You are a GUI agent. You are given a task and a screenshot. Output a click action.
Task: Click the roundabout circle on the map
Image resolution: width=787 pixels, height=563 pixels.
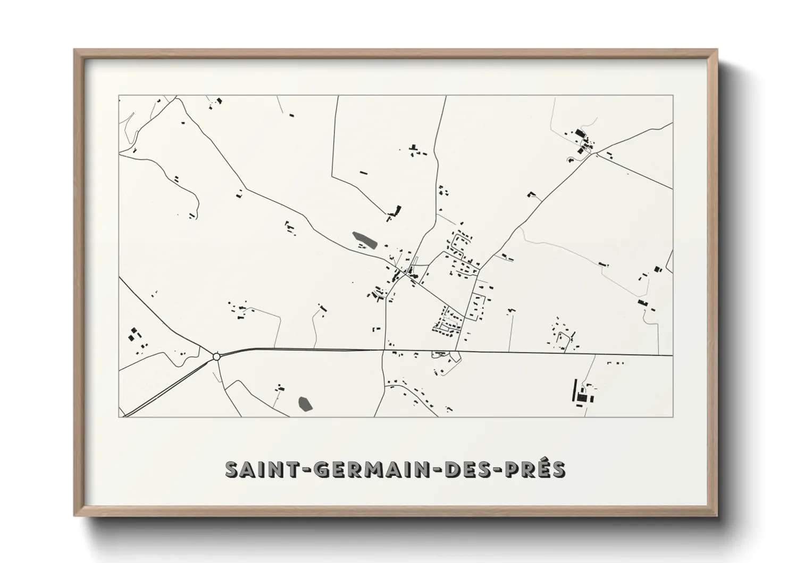(216, 357)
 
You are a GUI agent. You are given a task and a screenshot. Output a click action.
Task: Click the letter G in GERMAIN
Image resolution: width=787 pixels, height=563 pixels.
(322, 469)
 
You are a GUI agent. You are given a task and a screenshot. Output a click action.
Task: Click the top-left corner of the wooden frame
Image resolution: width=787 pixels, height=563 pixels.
(76, 51)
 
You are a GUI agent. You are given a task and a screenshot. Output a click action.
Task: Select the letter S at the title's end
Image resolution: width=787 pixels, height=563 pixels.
(559, 469)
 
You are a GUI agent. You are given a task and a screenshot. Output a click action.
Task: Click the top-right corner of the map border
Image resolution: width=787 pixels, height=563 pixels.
(673, 96)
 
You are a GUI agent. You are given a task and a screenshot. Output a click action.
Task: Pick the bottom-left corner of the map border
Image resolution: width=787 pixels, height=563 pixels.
(119, 417)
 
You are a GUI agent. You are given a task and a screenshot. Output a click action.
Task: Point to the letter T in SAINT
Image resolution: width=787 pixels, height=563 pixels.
(297, 469)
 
